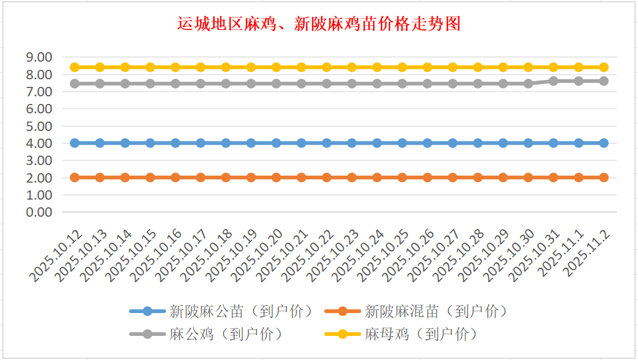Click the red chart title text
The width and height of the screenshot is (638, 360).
[x=319, y=24]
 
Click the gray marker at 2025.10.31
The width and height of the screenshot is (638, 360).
[x=553, y=81]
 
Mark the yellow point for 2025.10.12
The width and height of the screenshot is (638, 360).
[x=75, y=67]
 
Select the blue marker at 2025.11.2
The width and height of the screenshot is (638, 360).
[x=604, y=143]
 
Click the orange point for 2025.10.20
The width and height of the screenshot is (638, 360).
[x=276, y=177]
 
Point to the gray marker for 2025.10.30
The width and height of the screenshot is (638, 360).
[x=528, y=83]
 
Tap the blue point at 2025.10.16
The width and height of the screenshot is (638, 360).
[x=175, y=143]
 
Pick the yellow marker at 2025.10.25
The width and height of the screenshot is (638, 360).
[x=402, y=67]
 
